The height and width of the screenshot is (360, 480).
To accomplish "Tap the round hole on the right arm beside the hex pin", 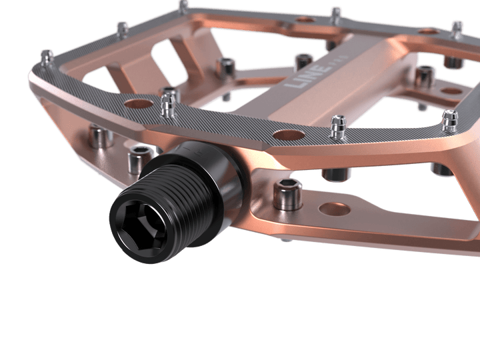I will tap(451, 91).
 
